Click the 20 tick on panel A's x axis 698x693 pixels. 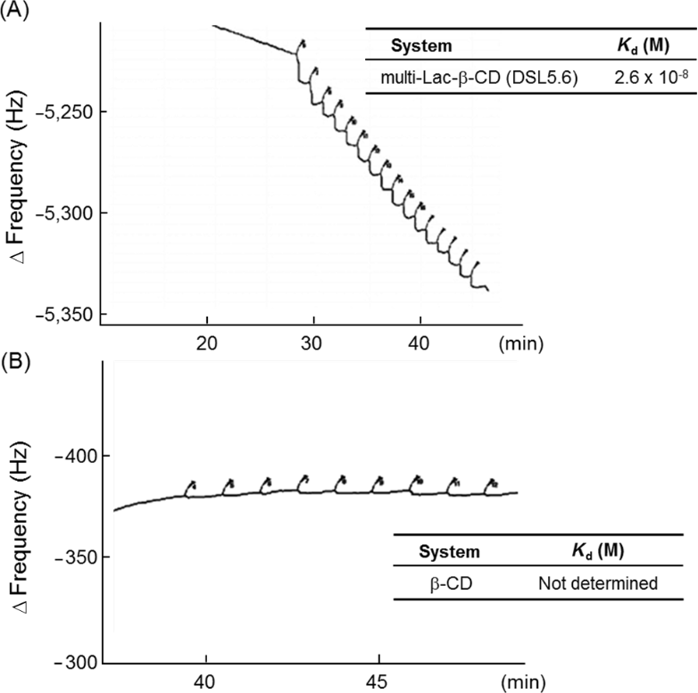click(x=207, y=342)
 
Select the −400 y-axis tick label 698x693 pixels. click(x=75, y=456)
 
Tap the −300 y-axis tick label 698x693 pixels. click(x=75, y=662)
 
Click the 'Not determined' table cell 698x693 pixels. click(x=598, y=584)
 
